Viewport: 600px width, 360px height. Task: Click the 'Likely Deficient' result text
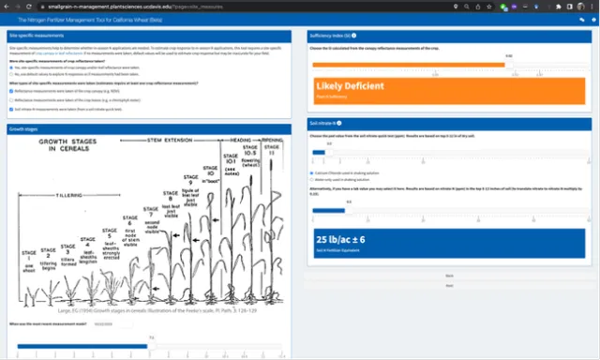[350, 86]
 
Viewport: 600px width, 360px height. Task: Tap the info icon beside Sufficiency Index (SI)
[357, 35]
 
